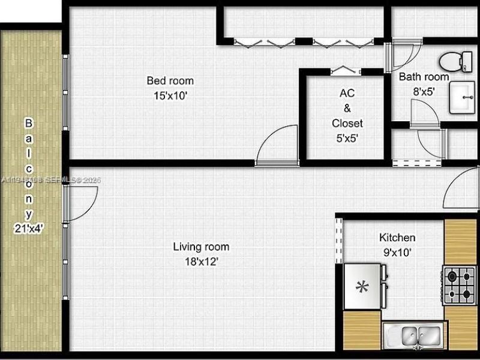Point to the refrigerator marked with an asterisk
[363, 286]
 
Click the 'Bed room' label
[170, 80]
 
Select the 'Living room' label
[201, 247]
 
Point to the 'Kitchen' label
[397, 238]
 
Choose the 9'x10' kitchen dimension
[397, 253]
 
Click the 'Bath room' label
[424, 77]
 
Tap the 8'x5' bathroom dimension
[424, 92]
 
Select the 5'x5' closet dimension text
[347, 138]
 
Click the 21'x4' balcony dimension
[29, 227]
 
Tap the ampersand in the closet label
[347, 108]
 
